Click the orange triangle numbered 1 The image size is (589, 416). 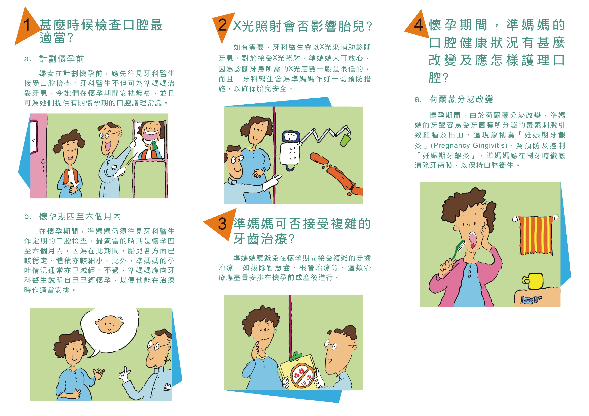(27, 28)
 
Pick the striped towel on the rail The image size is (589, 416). (536, 235)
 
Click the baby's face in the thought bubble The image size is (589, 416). (110, 324)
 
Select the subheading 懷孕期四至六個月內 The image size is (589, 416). (80, 216)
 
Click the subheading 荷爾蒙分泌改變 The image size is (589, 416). (461, 99)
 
